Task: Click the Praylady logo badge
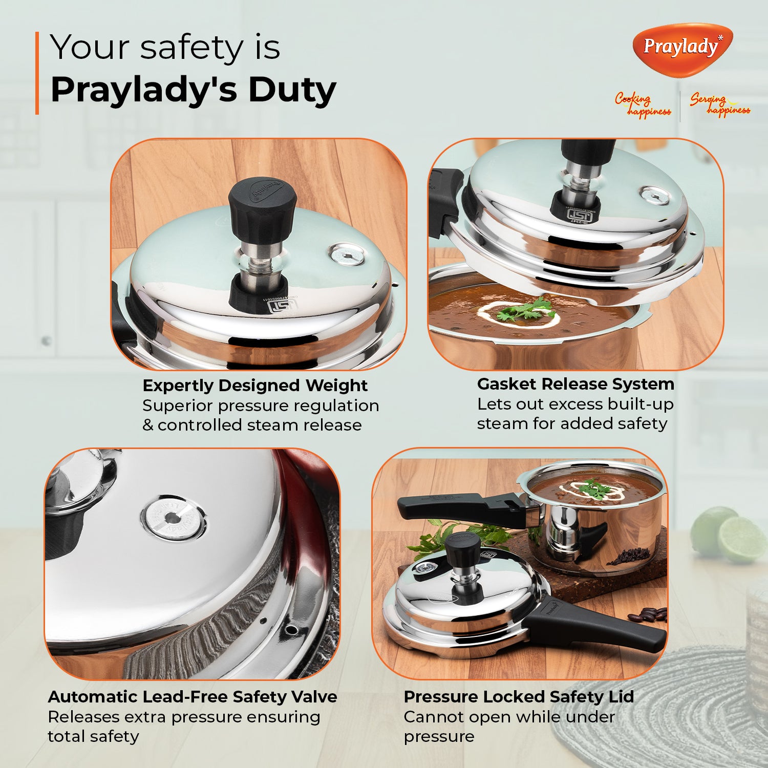click(682, 49)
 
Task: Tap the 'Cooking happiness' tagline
click(643, 105)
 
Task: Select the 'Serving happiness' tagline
click(719, 104)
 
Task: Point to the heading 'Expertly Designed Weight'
click(255, 385)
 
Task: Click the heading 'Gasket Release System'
click(575, 383)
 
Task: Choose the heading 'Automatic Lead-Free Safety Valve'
click(193, 696)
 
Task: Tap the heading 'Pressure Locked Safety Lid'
click(519, 696)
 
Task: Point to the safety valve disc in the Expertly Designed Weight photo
click(347, 254)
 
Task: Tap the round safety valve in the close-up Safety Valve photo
click(173, 519)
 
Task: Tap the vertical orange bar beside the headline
click(37, 73)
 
